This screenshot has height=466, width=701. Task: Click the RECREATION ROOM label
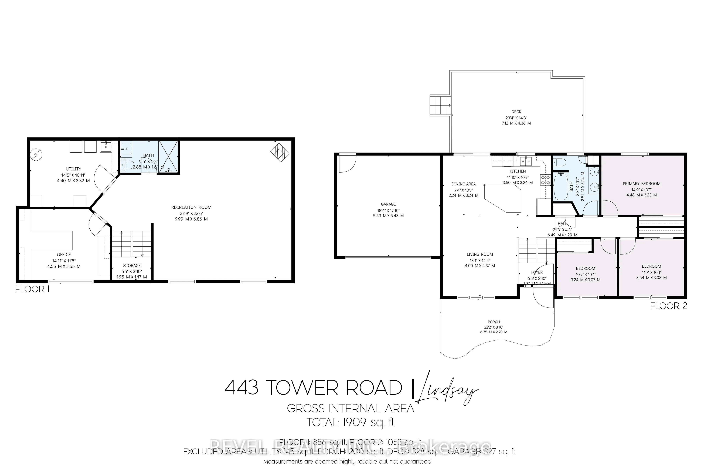(x=191, y=207)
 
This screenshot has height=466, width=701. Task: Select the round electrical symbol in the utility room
(x=37, y=154)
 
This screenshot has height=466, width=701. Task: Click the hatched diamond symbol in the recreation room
(x=280, y=153)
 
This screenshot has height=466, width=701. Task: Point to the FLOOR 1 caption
(x=32, y=289)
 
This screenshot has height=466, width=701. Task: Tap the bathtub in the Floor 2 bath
(x=561, y=187)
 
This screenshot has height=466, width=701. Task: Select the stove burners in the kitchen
(x=545, y=180)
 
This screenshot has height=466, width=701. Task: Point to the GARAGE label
(x=388, y=204)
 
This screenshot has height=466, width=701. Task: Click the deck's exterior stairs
(x=440, y=105)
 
